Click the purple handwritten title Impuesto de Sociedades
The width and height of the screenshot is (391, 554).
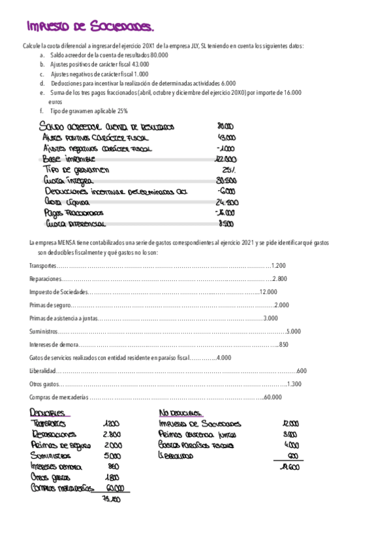coord(91,27)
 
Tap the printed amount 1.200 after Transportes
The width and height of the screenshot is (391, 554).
coord(277,265)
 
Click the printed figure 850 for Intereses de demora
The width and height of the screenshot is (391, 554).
coord(283,344)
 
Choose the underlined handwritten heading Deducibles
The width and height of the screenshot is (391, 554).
coord(48,414)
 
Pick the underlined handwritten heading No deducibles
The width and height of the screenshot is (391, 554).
coord(181,414)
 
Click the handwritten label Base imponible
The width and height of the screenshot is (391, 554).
coord(68,159)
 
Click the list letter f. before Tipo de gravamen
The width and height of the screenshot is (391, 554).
coord(41,111)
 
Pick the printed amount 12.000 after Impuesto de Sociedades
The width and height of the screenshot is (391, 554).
coord(268,291)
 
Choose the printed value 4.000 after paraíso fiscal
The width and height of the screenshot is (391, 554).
coord(223,357)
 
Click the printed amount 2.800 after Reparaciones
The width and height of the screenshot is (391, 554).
coord(279,278)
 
